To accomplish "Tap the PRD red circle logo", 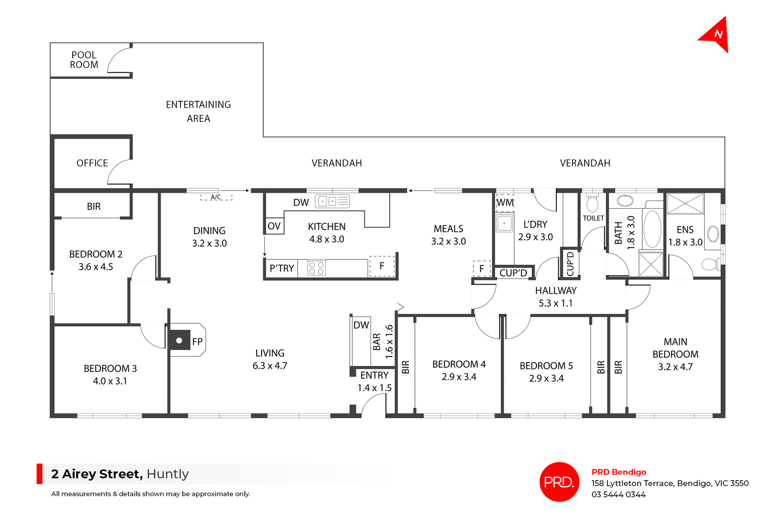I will [559, 482].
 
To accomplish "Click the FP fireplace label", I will [197, 342].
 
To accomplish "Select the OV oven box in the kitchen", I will [274, 226].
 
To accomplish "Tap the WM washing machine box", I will [505, 203].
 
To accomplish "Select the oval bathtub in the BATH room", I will [652, 229].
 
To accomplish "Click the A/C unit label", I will [216, 197].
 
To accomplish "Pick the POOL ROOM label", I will [84, 60].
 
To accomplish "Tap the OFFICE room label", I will [92, 163].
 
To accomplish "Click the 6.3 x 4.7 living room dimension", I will [270, 366].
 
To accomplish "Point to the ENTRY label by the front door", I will [374, 375].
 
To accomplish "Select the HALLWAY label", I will [555, 291].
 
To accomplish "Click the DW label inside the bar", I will [361, 325].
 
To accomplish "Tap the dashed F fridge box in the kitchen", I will [382, 266].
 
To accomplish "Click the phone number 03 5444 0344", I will [618, 494].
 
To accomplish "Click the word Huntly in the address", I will [168, 474].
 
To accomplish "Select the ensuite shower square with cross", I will [685, 203].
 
